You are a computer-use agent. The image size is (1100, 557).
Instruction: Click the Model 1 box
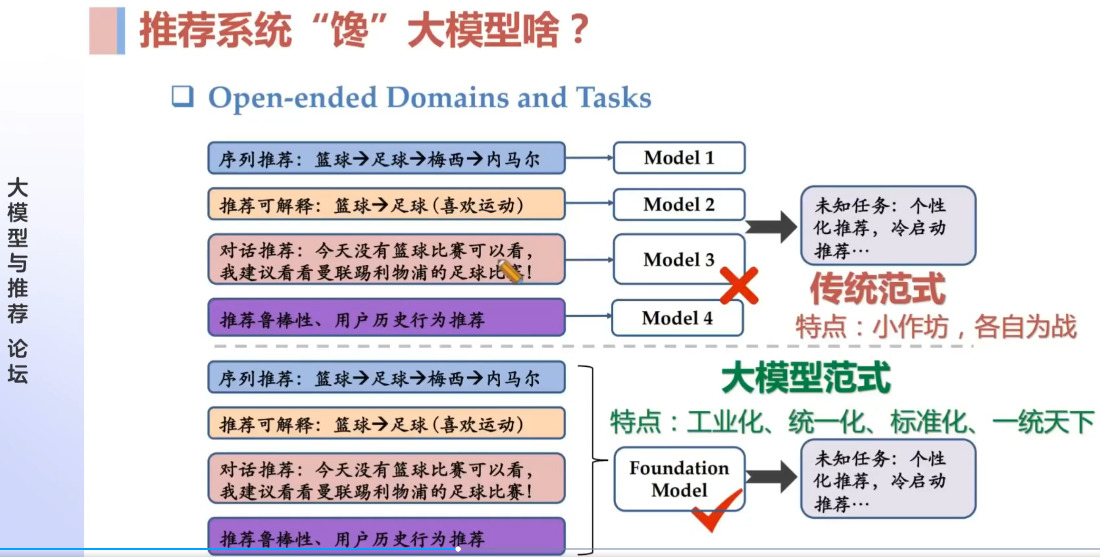point(679,158)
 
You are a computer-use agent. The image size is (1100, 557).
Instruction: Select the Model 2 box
point(679,204)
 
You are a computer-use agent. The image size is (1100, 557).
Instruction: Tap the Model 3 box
point(679,259)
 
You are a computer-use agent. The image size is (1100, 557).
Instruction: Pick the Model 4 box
point(677,318)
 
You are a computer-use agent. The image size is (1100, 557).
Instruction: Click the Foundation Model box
point(679,479)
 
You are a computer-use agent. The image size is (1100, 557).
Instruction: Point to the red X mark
point(739,286)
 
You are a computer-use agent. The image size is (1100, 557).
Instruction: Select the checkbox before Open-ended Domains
point(183,96)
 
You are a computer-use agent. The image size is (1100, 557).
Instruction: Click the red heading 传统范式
point(877,289)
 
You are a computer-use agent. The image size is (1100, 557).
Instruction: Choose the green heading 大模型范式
point(805,378)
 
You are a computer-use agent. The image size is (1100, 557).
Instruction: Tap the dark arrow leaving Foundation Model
point(771,477)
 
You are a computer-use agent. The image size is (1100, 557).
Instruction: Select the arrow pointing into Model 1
point(589,158)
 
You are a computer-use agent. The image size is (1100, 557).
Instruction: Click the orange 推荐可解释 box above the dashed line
point(386,204)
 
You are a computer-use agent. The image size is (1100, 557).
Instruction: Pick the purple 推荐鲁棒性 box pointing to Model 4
point(386,318)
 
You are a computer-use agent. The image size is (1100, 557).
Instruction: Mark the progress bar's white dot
point(458,549)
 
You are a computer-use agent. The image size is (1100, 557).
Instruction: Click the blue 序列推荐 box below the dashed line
point(386,378)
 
